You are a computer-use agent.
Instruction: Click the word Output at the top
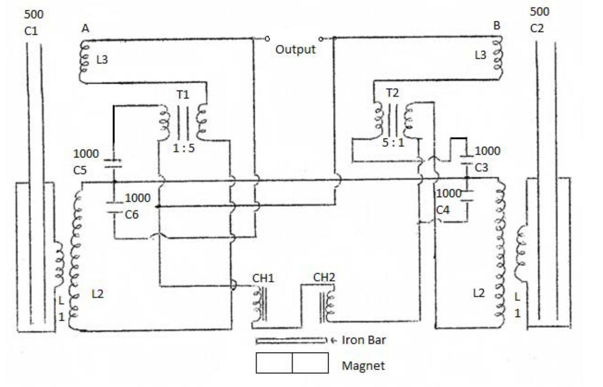click(296, 49)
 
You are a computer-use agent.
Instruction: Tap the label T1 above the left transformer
click(183, 95)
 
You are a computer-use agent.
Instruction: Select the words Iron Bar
click(364, 340)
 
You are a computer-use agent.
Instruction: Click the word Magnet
click(364, 365)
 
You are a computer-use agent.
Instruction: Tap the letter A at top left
click(85, 29)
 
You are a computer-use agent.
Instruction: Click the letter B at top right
click(496, 26)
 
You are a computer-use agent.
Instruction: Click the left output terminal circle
click(268, 38)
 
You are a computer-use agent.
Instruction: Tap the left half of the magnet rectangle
click(274, 363)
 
